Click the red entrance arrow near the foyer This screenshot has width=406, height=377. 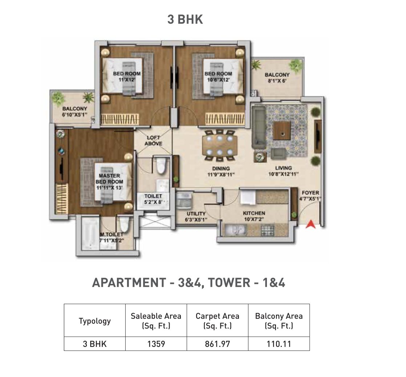click(x=310, y=224)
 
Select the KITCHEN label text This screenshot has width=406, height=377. click(x=254, y=213)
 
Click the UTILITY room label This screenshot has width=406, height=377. click(x=196, y=214)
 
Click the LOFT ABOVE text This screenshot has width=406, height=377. click(x=153, y=141)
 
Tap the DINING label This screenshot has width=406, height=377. click(x=221, y=168)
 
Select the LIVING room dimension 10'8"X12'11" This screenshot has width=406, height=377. click(x=283, y=174)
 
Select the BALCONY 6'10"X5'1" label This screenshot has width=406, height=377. click(x=74, y=111)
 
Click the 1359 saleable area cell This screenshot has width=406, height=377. click(x=156, y=344)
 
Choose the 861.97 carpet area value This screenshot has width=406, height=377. click(x=217, y=344)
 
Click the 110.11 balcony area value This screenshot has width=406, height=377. click(x=279, y=344)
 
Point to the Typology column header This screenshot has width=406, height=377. click(x=94, y=321)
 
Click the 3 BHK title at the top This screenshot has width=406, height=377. click(x=185, y=20)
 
